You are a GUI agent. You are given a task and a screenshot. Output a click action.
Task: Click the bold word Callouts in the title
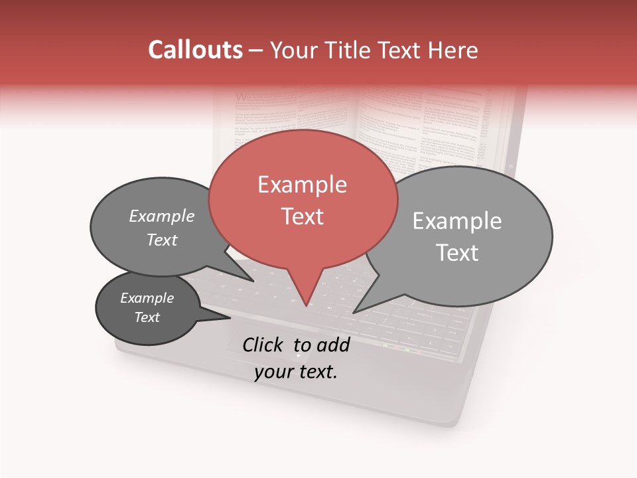click(195, 50)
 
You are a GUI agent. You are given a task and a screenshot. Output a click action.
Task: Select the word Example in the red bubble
click(302, 185)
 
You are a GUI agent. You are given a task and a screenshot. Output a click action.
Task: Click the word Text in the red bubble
click(302, 216)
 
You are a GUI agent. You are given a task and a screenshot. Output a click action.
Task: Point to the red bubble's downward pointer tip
click(306, 306)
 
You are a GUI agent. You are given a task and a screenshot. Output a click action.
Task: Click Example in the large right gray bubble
click(457, 221)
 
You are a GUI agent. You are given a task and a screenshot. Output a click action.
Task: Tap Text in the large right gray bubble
click(457, 253)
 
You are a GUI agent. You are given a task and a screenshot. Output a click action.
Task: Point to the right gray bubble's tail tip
click(354, 312)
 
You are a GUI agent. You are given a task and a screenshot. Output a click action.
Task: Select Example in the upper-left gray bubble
click(162, 216)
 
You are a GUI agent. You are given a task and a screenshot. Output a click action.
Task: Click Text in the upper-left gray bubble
click(162, 240)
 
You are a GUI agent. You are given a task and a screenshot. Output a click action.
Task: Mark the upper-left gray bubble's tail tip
click(255, 281)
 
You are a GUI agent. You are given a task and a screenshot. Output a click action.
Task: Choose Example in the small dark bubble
click(147, 298)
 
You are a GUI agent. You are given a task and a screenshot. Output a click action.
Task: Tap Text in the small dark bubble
click(147, 317)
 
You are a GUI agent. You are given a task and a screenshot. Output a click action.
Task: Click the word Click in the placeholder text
click(263, 345)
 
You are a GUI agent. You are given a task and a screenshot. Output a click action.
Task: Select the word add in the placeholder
click(334, 345)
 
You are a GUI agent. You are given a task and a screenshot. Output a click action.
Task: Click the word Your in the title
click(295, 50)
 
